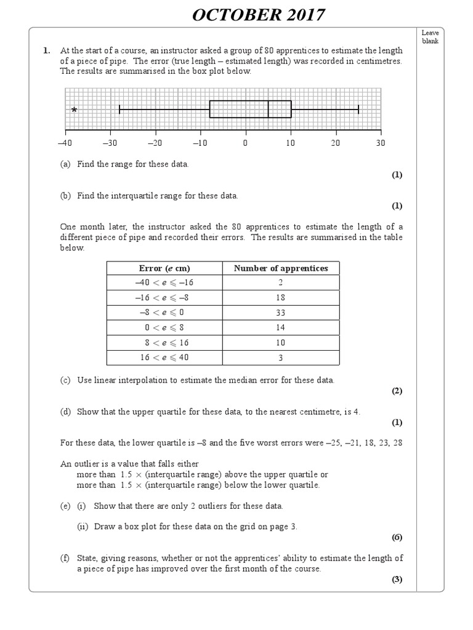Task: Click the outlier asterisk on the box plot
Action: [x=74, y=110]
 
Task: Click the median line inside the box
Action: [x=269, y=109]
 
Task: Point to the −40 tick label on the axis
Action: [x=65, y=143]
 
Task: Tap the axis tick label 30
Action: [x=380, y=143]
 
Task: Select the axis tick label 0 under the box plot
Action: [x=245, y=143]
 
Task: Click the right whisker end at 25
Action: [x=358, y=110]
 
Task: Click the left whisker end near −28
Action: [x=119, y=110]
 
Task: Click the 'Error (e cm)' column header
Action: [x=164, y=268]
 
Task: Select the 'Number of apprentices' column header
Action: [x=281, y=268]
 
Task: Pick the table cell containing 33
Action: [x=281, y=313]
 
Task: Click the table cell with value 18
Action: [x=281, y=298]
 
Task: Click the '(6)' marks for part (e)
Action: [x=397, y=537]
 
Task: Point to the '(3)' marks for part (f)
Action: [x=397, y=580]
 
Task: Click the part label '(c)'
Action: [x=65, y=380]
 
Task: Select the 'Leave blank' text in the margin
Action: [x=430, y=37]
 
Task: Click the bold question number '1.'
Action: [x=47, y=51]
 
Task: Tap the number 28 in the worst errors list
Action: [x=397, y=443]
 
